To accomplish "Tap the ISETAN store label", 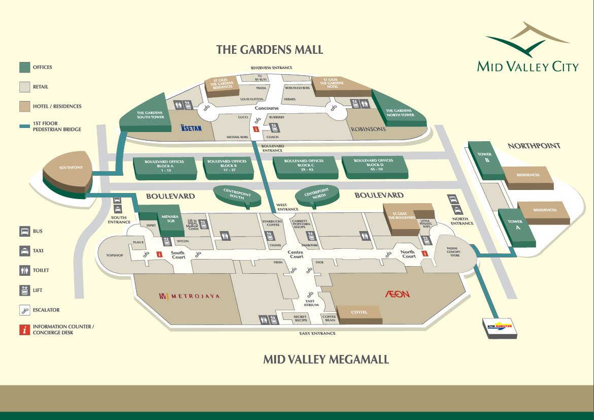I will click(191, 128).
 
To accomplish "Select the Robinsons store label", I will click(368, 129).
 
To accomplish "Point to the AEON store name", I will click(397, 294).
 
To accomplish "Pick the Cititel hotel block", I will click(359, 313).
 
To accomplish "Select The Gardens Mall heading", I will click(270, 50).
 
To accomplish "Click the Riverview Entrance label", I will click(271, 68).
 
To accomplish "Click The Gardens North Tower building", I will click(400, 111).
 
